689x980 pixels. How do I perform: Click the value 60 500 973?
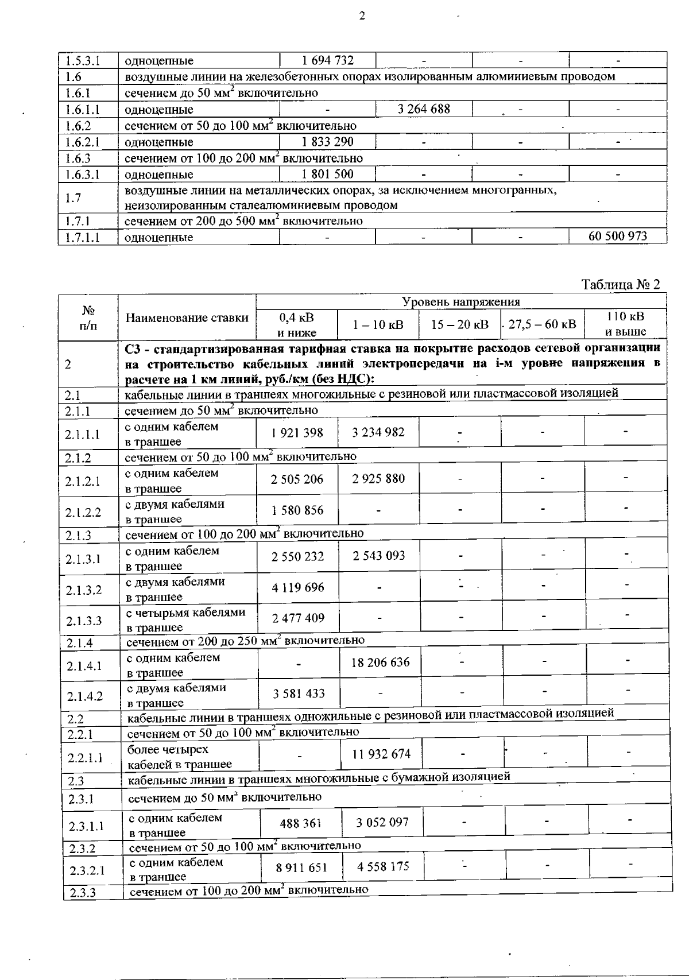(x=618, y=236)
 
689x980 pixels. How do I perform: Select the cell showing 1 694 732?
(x=327, y=60)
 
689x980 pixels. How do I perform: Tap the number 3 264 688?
(x=424, y=109)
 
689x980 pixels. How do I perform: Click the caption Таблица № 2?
(x=621, y=284)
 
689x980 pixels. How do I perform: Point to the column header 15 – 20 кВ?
(x=460, y=324)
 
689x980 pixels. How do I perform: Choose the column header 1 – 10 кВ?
(x=378, y=324)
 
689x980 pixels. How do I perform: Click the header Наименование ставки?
(x=187, y=317)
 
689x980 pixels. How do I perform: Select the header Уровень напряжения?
(x=461, y=302)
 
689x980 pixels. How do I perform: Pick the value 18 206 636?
(x=381, y=663)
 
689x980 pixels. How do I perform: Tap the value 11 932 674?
(x=381, y=754)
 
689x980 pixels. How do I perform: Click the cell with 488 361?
(x=300, y=823)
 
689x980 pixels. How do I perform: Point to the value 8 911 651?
(x=301, y=867)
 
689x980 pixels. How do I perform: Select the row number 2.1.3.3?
(x=84, y=620)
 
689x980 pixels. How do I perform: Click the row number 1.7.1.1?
(x=82, y=237)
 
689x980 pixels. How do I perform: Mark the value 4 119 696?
(x=297, y=587)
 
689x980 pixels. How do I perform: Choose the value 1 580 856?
(x=297, y=510)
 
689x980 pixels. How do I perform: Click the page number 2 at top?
(x=362, y=17)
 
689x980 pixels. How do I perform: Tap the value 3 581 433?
(x=299, y=694)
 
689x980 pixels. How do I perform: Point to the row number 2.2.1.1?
(x=85, y=758)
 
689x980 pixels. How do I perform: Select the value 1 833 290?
(x=327, y=142)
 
